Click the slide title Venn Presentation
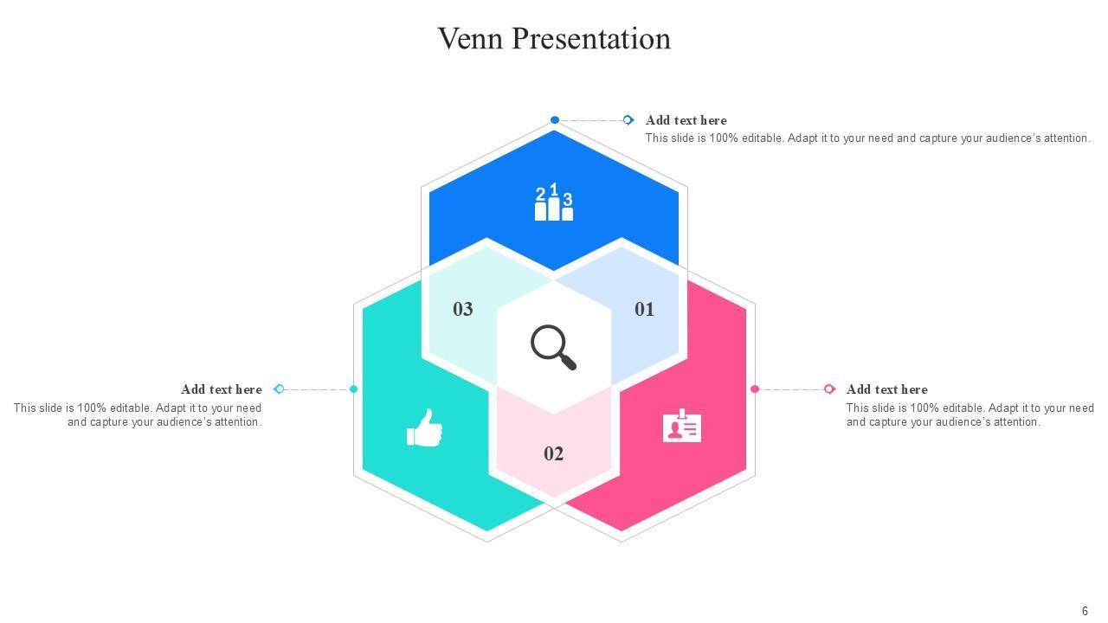coord(554,39)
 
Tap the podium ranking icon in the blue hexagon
coord(554,203)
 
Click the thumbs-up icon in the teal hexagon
coord(424,428)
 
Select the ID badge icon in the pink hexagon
coord(682,427)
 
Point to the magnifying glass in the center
coord(552,346)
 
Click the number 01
coord(644,310)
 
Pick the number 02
coord(554,454)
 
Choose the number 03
coord(463,310)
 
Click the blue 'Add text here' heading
coord(686,120)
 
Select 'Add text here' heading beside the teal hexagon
coord(222,389)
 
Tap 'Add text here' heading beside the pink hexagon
coord(886,389)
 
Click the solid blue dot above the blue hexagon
coord(555,120)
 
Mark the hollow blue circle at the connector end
coord(628,120)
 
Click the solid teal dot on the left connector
coord(353,389)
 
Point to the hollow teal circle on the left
coord(279,389)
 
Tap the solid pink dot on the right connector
coord(755,389)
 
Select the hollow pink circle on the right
coord(829,389)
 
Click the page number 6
coord(1085,611)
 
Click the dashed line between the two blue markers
coord(591,120)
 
